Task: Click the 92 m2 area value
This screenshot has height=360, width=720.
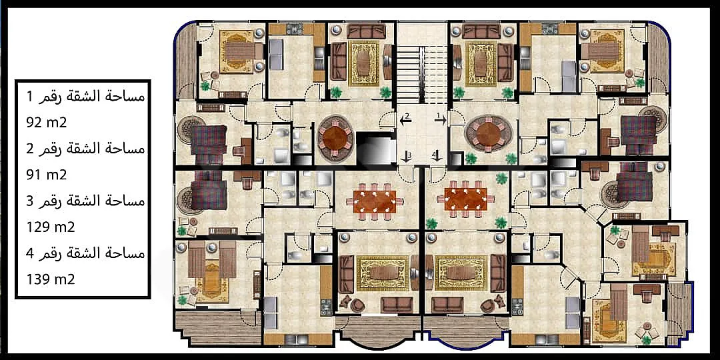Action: (47, 123)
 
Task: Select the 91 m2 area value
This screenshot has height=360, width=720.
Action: (47, 175)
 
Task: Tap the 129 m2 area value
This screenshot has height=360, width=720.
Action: (51, 227)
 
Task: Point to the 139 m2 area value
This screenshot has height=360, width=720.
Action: (51, 279)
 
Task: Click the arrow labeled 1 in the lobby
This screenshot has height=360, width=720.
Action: (440, 120)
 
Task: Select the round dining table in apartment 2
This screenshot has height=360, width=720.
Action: (336, 137)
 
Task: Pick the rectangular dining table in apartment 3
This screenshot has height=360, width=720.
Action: (375, 201)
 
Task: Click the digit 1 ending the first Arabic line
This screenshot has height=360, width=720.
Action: (30, 97)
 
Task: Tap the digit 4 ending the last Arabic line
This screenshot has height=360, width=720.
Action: (31, 253)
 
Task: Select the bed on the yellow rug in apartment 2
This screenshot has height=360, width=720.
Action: (240, 51)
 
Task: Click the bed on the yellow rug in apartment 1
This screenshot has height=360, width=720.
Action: (603, 51)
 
